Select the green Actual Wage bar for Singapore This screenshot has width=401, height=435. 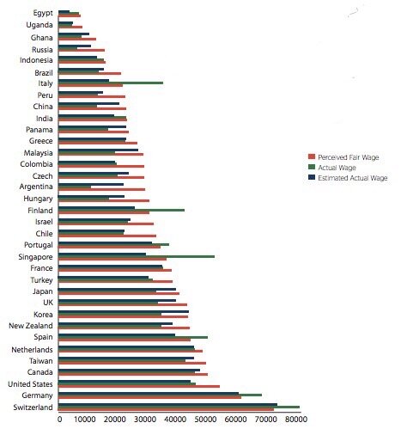pos(137,256)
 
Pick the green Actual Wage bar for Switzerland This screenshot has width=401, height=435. pos(179,407)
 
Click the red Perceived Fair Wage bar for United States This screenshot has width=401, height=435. pos(139,387)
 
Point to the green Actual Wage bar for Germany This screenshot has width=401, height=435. pos(160,395)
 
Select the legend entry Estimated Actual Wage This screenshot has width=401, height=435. pos(352,178)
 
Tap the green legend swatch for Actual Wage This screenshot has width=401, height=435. pos(311,168)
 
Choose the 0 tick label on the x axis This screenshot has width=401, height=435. pos(59,420)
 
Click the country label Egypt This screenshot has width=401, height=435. pos(43,14)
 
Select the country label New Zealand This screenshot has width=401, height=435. pos(31,326)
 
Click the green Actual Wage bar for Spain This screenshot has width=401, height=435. pos(133,338)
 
